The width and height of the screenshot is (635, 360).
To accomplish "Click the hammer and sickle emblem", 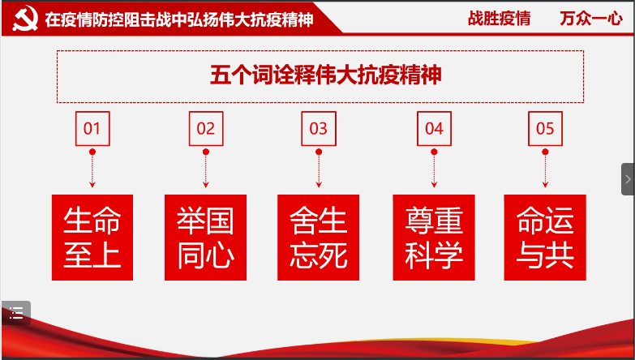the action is [x=25, y=18].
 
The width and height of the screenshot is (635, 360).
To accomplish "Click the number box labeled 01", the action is [x=92, y=129].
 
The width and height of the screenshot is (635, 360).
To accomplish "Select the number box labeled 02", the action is [x=206, y=129].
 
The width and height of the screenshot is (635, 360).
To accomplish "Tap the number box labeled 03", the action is [x=319, y=129].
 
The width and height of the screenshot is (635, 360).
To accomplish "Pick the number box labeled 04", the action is [x=434, y=129].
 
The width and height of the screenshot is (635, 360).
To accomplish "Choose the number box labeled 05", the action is [x=545, y=129].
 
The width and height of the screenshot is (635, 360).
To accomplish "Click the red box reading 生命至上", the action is [x=92, y=238].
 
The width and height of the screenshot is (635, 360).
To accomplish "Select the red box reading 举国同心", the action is [x=205, y=238].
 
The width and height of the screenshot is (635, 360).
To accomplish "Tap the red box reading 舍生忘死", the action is [x=318, y=238].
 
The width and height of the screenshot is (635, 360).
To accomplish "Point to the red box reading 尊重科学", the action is [x=434, y=238].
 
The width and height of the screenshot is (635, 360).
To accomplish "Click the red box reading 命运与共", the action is [x=545, y=238].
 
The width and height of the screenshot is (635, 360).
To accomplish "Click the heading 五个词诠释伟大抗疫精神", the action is [x=325, y=75].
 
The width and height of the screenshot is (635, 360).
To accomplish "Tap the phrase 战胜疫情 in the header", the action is [x=499, y=19].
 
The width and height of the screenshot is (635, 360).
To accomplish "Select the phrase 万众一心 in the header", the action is [x=591, y=19].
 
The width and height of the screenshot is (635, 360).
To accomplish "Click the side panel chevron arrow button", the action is [x=629, y=179].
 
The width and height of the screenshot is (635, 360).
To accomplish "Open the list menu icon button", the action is [x=16, y=313].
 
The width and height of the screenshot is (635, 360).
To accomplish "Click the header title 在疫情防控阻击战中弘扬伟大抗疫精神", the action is [x=179, y=19].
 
